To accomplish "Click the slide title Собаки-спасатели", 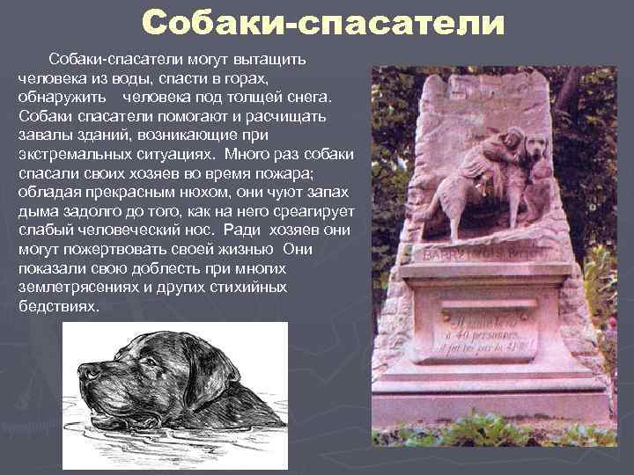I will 323,24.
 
